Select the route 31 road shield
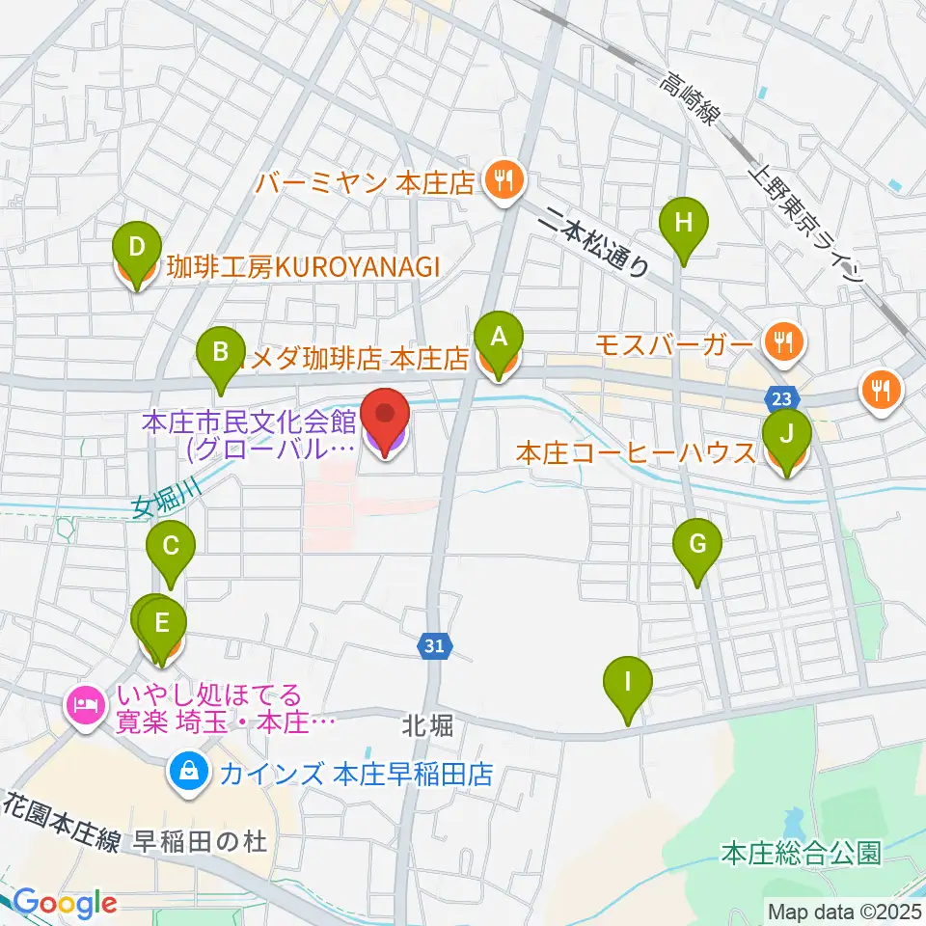click(x=434, y=648)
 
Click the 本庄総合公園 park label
click(x=801, y=853)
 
